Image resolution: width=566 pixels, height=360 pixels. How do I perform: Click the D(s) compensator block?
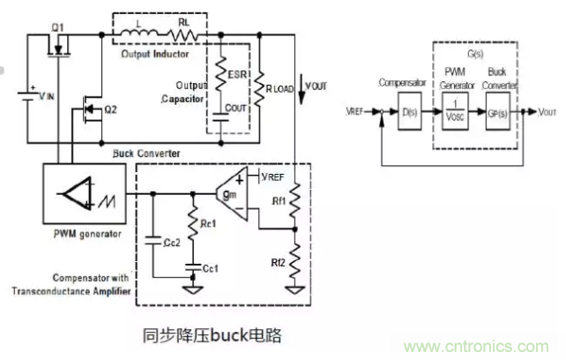407,112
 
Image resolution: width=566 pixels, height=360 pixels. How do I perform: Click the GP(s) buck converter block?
499,112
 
